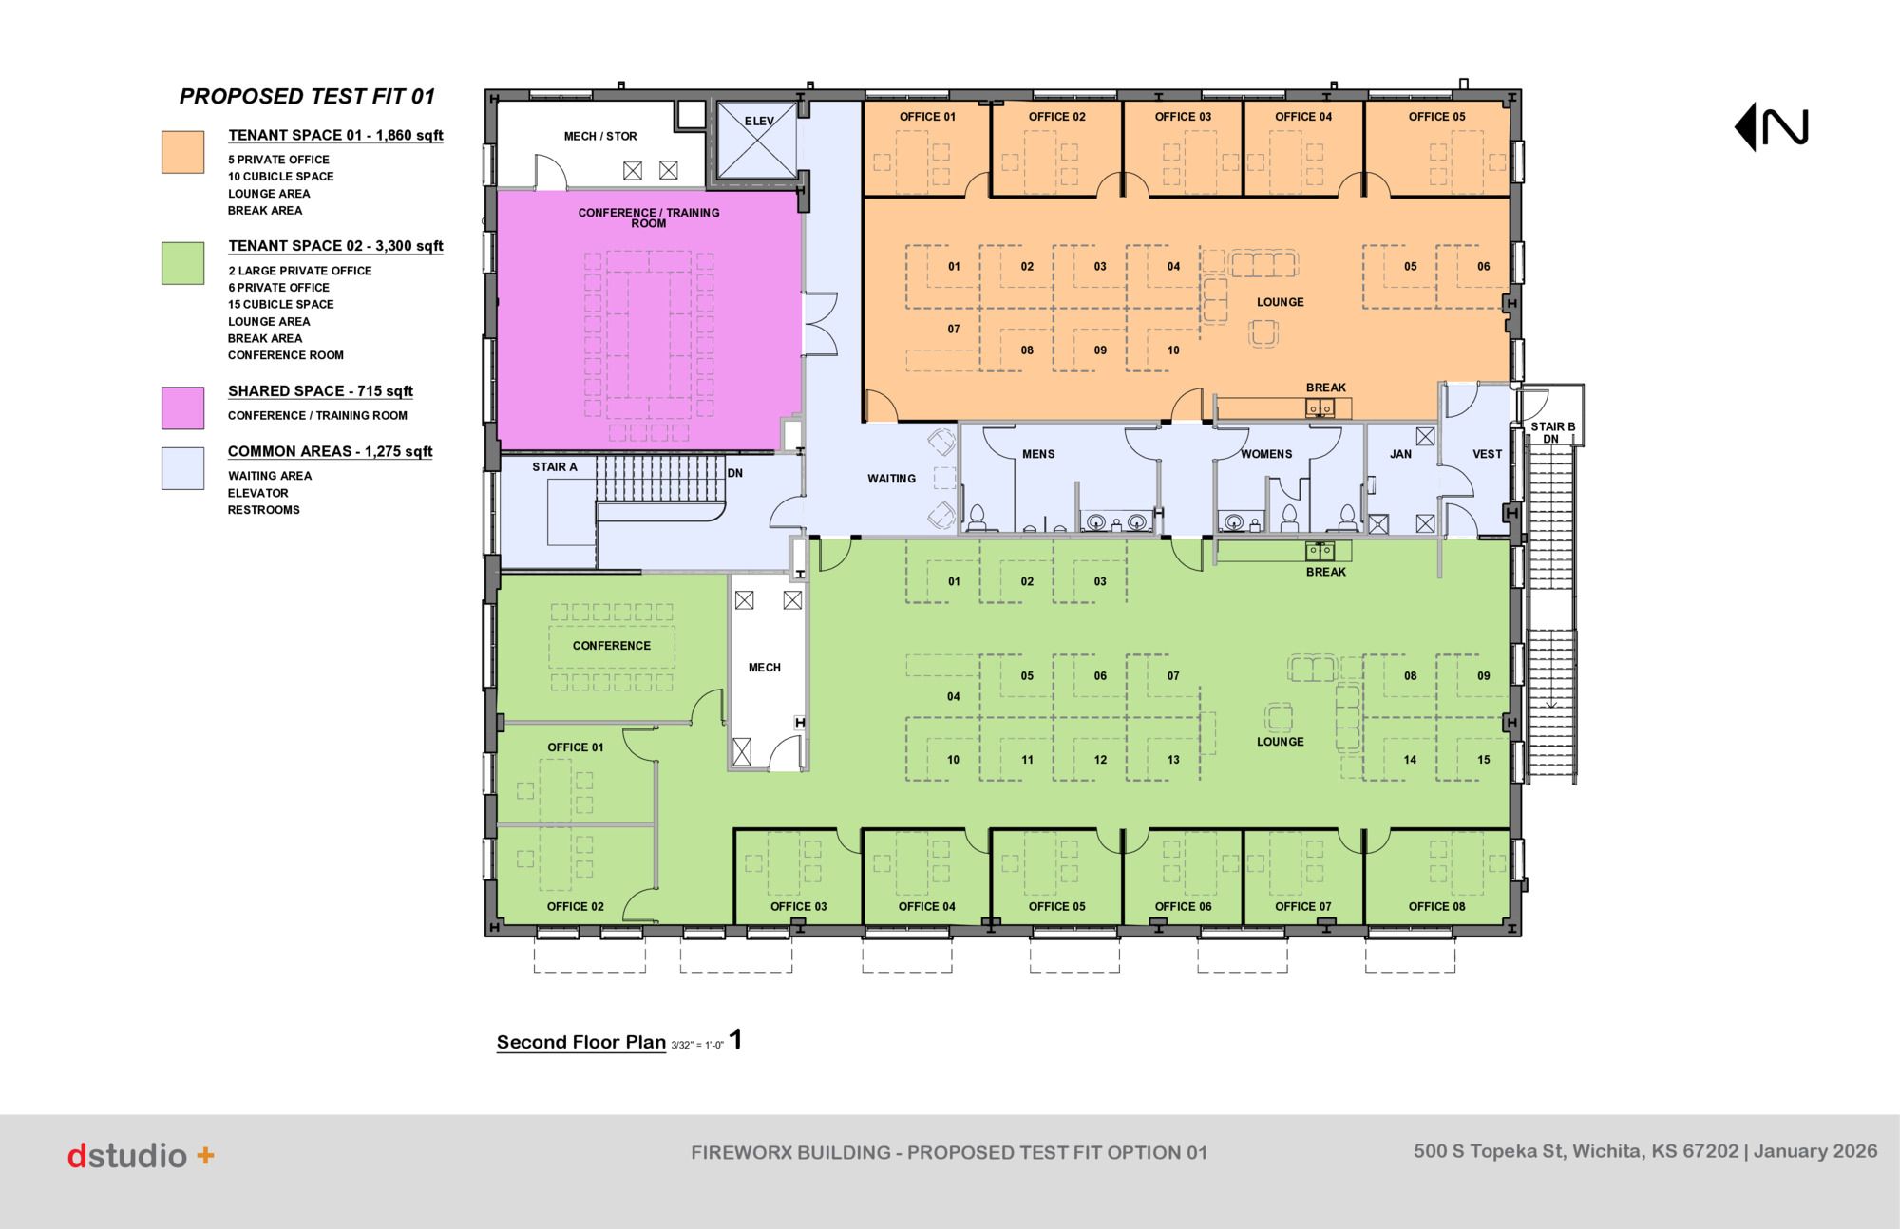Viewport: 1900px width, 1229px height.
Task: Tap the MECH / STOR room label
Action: pos(600,137)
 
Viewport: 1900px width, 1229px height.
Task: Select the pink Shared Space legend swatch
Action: pos(182,408)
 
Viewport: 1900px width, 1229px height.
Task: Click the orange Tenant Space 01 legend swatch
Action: pos(182,152)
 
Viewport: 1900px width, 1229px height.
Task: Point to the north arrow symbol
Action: pos(1772,127)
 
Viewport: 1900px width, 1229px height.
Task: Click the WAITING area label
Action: pos(891,479)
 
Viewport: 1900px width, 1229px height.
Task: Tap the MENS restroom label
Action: pos(1038,454)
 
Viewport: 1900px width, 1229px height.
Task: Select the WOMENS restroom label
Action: pos(1266,454)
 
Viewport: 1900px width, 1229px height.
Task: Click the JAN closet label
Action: pos(1400,454)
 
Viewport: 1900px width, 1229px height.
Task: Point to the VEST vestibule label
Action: pos(1487,454)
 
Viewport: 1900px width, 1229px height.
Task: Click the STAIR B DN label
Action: pos(1552,433)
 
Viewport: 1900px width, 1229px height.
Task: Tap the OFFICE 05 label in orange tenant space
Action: pos(1436,117)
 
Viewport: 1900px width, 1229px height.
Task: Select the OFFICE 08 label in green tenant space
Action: pos(1436,906)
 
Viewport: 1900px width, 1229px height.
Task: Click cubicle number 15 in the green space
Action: pos(1483,760)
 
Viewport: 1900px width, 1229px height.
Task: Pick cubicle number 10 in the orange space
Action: pos(1173,350)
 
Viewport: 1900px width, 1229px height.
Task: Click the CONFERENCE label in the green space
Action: pos(611,646)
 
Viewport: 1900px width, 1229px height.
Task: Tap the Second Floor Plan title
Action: pos(581,1042)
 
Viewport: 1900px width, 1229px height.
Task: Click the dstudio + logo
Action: pos(141,1156)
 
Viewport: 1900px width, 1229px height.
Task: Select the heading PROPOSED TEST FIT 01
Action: pos(307,97)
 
